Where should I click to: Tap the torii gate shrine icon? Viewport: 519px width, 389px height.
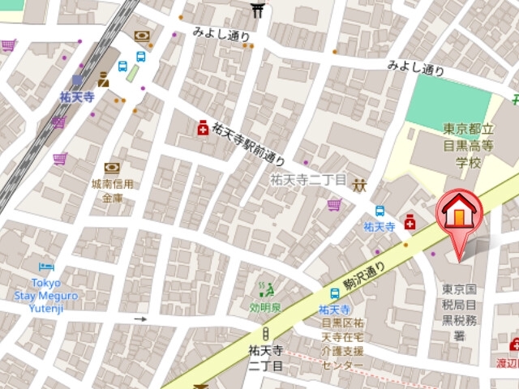(x=258, y=9)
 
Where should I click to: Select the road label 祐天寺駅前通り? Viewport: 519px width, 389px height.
(x=249, y=141)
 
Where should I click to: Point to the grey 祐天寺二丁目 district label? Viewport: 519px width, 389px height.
(x=308, y=180)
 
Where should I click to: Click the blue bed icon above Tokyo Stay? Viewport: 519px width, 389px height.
(x=46, y=267)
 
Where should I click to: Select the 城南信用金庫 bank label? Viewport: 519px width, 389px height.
(x=112, y=190)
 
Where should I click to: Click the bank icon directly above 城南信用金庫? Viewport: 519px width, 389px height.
(x=112, y=169)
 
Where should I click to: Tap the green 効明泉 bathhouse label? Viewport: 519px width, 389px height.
(x=265, y=307)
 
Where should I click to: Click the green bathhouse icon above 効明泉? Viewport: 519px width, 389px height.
(x=265, y=287)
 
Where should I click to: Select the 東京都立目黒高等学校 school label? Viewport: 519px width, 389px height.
(x=469, y=146)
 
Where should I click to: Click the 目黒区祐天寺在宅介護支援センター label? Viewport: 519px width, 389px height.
(x=342, y=344)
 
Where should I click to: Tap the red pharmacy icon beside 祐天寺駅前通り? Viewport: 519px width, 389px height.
(x=202, y=127)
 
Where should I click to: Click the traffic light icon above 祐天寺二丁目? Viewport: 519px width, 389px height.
(x=265, y=334)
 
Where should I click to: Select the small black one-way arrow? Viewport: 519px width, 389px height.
(x=141, y=318)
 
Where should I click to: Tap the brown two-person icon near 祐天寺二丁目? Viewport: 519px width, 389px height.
(x=359, y=186)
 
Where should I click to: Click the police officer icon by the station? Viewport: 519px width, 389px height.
(x=103, y=79)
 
